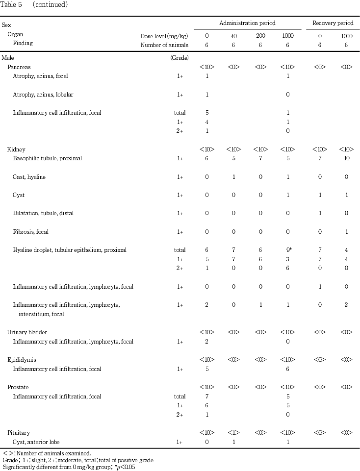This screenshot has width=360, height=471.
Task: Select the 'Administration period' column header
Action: click(247, 23)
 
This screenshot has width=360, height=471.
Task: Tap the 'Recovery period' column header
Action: click(333, 23)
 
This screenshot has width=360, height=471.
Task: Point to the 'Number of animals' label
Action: click(161, 44)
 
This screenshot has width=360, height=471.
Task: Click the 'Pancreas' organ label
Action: click(19, 67)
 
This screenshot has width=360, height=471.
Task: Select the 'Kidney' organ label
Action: click(16, 149)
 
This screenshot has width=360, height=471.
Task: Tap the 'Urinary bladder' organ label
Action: click(26, 332)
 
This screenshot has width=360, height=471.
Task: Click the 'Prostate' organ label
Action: click(18, 387)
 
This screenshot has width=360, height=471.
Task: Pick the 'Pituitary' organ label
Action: click(19, 433)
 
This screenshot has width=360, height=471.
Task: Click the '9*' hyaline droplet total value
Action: click(289, 250)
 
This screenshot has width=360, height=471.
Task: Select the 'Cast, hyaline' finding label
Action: click(29, 177)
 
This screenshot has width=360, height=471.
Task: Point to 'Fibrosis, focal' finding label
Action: click(30, 232)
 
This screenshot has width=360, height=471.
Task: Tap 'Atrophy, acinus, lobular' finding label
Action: click(43, 95)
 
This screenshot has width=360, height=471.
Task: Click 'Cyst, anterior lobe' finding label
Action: click(36, 442)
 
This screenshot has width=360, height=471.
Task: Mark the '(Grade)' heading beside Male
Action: click(177, 58)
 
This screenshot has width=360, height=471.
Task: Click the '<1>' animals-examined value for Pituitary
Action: click(233, 433)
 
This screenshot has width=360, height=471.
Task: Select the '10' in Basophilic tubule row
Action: click(346, 158)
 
